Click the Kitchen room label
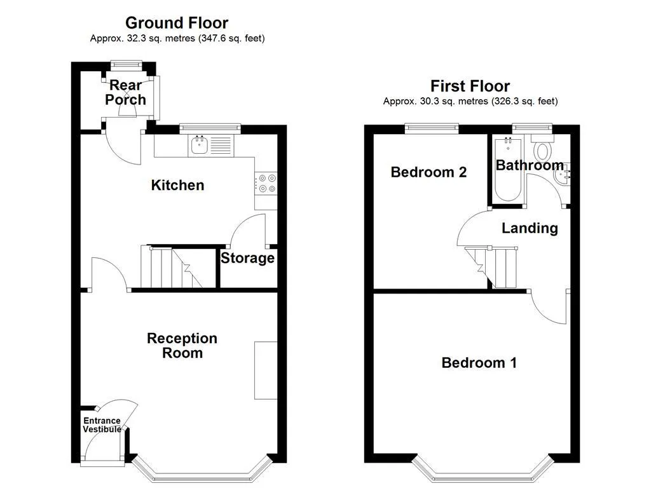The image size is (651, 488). (x=178, y=185)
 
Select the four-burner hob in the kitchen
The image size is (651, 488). (x=266, y=184)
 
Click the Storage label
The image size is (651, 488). (x=247, y=258)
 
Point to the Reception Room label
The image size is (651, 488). (x=182, y=345)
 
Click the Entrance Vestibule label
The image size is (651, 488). (x=102, y=425)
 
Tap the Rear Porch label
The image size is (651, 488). (x=125, y=93)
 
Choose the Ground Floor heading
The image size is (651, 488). (x=177, y=23)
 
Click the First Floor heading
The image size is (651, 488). (x=470, y=86)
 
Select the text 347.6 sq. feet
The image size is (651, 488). (x=231, y=39)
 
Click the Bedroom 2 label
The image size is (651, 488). (x=429, y=172)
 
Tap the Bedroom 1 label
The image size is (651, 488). (x=479, y=363)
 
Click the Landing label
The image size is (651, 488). (x=530, y=228)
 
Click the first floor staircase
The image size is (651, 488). (x=491, y=268)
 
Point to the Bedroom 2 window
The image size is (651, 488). (x=432, y=128)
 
